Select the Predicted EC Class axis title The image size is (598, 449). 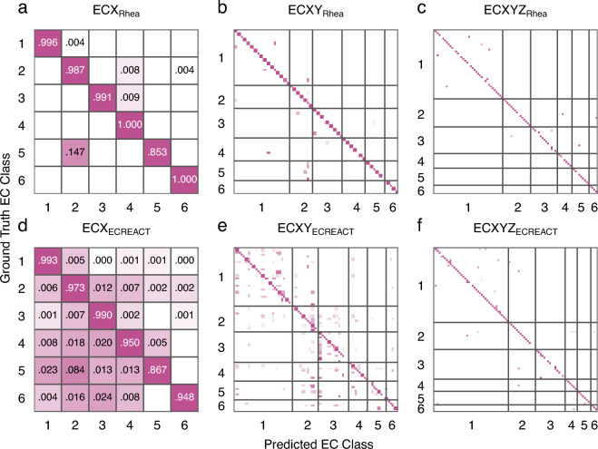[x=312, y=442]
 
